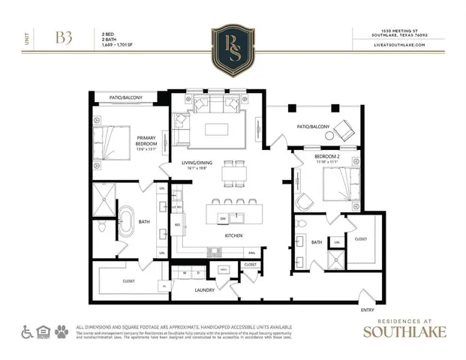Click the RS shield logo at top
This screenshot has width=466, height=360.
233,48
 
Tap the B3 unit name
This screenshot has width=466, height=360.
63,38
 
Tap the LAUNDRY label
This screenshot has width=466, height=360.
205,289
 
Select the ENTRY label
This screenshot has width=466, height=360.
368,309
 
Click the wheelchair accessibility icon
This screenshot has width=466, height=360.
26,331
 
